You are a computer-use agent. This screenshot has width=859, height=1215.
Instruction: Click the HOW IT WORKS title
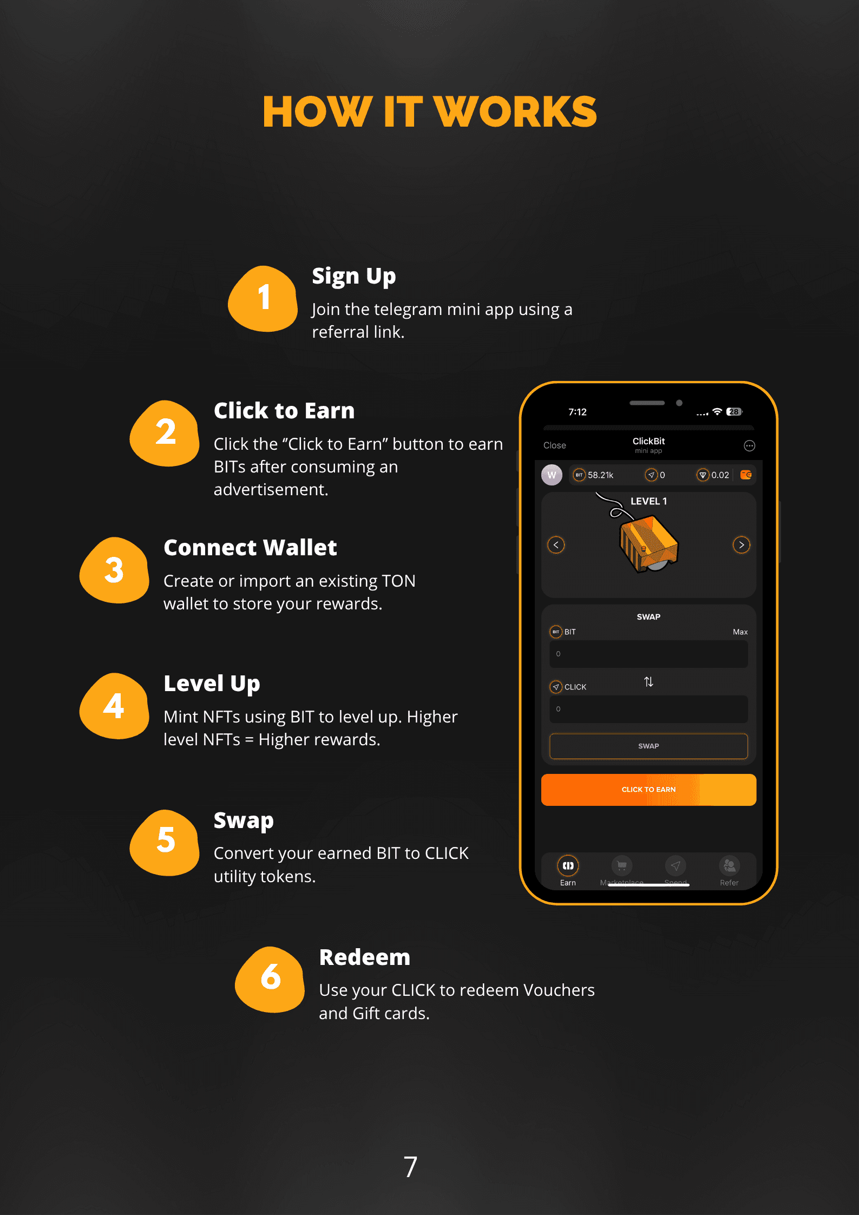tap(429, 111)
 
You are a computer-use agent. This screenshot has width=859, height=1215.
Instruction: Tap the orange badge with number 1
tap(263, 298)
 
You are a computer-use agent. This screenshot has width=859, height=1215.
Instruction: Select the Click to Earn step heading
tap(284, 411)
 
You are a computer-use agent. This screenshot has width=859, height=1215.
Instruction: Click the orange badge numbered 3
tap(114, 570)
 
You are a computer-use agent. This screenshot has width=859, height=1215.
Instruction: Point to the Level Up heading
tap(212, 684)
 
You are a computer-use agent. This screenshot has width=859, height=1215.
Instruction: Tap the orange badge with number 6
tap(270, 979)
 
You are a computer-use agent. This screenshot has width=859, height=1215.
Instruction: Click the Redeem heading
tap(365, 957)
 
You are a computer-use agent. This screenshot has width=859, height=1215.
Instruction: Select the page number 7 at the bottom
tap(410, 1167)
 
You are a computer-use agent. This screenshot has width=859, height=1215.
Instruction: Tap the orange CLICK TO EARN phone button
tap(648, 790)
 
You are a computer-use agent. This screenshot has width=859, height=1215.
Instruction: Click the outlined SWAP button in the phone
tap(648, 746)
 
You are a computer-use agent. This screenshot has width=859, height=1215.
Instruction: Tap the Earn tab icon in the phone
tap(568, 866)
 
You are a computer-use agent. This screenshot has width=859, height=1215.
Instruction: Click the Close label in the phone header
tap(555, 445)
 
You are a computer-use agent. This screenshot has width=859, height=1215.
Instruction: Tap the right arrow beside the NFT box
tap(742, 545)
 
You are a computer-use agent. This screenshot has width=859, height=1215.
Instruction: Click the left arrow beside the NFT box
tap(556, 545)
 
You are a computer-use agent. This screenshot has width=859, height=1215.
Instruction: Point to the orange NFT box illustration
tap(648, 543)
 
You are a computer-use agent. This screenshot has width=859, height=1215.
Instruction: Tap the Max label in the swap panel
tap(740, 632)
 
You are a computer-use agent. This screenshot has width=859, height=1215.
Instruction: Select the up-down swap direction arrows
tap(648, 682)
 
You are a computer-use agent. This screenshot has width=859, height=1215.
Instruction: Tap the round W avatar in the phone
tap(552, 475)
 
